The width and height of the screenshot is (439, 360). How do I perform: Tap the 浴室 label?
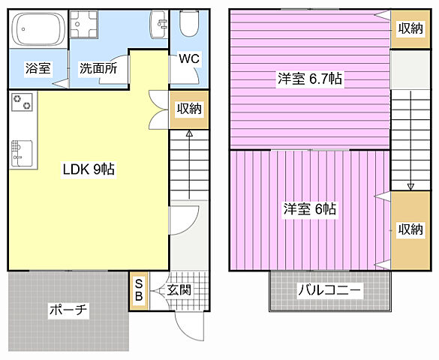[38, 68]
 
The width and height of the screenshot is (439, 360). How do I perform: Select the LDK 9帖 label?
[88, 169]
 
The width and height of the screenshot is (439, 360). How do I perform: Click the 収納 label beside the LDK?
[188, 109]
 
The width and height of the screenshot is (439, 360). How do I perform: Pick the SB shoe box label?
[140, 289]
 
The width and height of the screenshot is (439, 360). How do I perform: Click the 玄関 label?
[178, 289]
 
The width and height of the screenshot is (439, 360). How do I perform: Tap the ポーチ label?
[69, 310]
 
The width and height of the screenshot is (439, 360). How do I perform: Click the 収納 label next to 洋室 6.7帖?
[410, 28]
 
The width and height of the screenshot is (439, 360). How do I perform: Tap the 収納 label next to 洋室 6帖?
[410, 229]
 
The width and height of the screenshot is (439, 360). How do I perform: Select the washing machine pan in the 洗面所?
[90, 29]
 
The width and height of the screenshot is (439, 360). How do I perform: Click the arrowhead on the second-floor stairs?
[410, 185]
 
